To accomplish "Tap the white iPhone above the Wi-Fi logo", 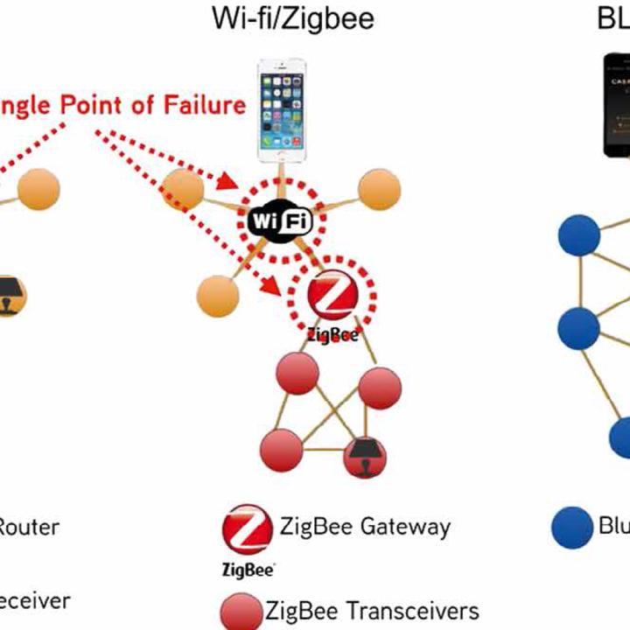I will (x=282, y=108).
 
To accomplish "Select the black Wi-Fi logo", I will (x=280, y=220).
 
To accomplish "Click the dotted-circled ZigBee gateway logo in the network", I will (x=333, y=298).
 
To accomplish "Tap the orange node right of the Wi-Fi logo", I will (x=379, y=189).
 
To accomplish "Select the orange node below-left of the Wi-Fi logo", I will (x=219, y=296).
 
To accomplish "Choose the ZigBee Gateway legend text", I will (x=365, y=527).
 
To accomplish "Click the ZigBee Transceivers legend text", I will (x=372, y=610).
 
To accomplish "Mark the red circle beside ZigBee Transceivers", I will (x=241, y=611).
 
